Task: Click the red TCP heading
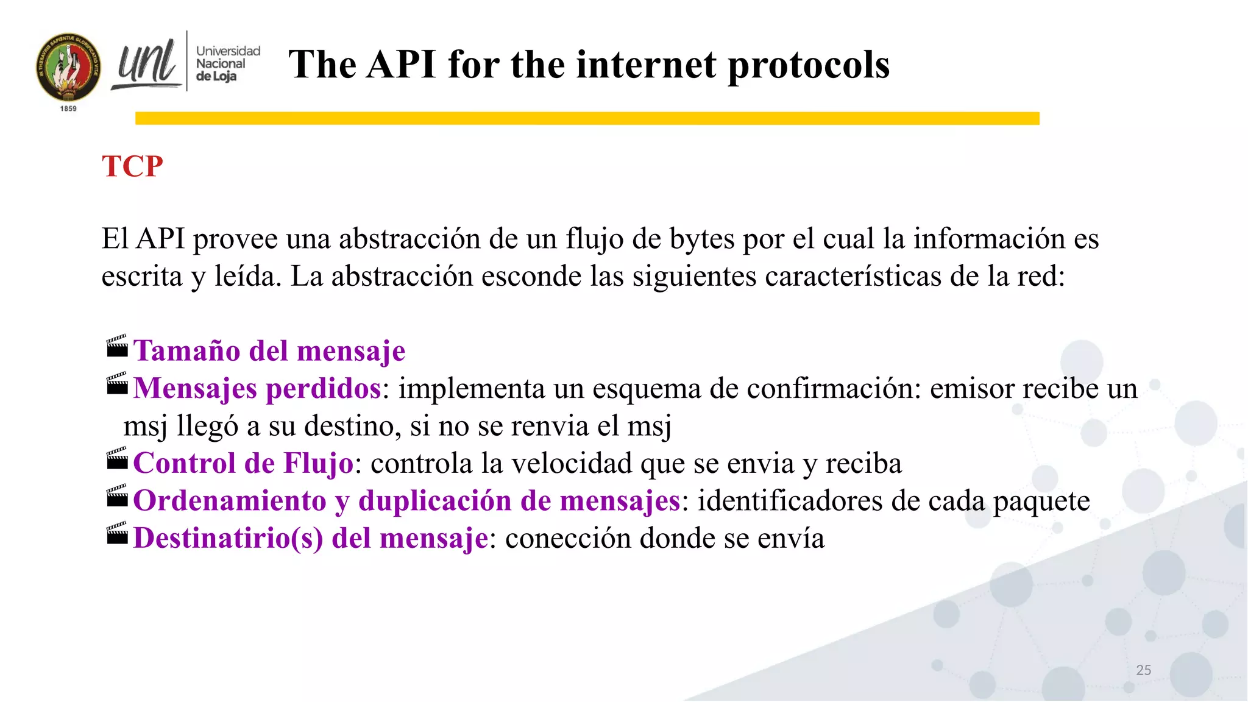(x=132, y=166)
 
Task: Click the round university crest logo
(x=68, y=68)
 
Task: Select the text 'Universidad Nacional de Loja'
(x=227, y=63)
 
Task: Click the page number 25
(x=1143, y=670)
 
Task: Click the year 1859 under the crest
(x=68, y=108)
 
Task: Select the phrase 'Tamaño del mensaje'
(x=269, y=351)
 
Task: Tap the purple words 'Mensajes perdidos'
(x=257, y=388)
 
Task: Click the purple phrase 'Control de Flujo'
(x=243, y=463)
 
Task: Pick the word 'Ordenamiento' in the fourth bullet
(x=230, y=501)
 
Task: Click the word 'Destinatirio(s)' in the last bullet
(x=228, y=538)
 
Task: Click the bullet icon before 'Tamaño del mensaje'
(x=117, y=347)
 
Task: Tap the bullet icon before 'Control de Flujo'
(x=117, y=459)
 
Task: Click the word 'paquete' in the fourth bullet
(x=1041, y=502)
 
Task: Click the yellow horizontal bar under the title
(x=587, y=118)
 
